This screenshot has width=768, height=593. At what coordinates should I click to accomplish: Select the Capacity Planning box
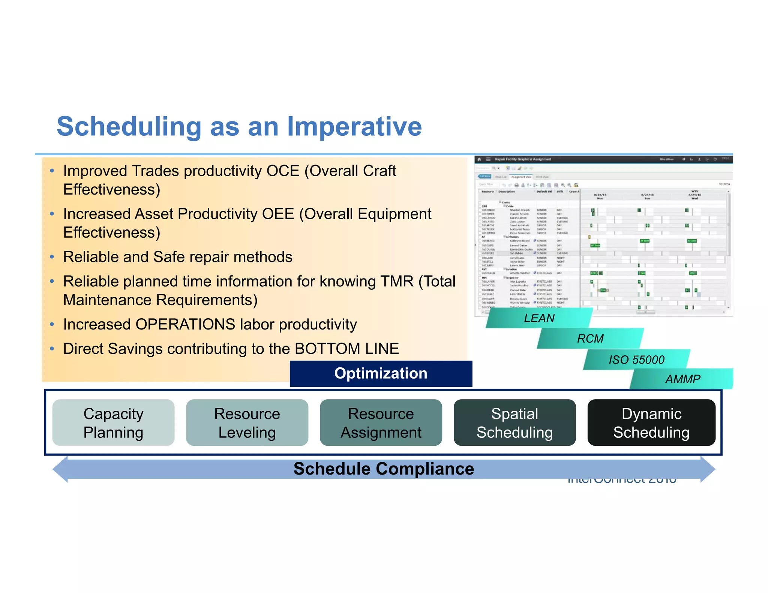click(x=113, y=422)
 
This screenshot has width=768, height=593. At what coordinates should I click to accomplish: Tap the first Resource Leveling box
click(x=247, y=422)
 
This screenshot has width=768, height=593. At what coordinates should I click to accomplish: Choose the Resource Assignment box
click(x=381, y=422)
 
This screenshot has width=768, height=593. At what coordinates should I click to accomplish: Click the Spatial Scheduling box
click(x=514, y=422)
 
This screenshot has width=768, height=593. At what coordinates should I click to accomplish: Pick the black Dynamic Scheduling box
click(x=651, y=422)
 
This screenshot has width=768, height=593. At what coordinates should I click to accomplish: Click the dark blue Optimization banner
click(x=381, y=373)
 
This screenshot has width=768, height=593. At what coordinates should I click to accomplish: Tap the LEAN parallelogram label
click(x=539, y=318)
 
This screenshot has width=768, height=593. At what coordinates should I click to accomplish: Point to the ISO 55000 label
click(x=636, y=360)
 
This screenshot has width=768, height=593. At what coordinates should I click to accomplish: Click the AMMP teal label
click(x=682, y=379)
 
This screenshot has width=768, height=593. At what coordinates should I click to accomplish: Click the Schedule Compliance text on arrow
click(x=383, y=469)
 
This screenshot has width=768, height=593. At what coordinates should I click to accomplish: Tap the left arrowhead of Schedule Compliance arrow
click(x=60, y=469)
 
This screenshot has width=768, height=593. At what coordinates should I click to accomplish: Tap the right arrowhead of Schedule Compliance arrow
click(x=708, y=469)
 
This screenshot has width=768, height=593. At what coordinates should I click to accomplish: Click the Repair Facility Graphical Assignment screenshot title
click(x=523, y=159)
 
